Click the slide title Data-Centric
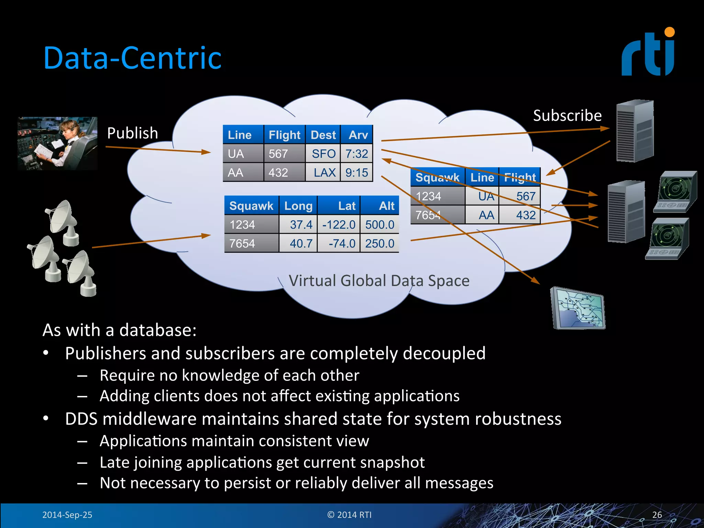tap(132, 58)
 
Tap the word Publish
tap(132, 133)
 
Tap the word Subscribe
tap(567, 115)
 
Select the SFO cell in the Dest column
tap(323, 154)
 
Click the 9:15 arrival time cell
tap(356, 173)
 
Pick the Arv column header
tap(358, 135)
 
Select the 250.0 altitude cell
tap(379, 243)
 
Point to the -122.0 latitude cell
tap(339, 225)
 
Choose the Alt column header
tap(386, 206)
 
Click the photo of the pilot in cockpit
tap(57, 143)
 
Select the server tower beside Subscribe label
tap(635, 131)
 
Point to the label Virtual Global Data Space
tap(379, 281)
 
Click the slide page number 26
tap(657, 515)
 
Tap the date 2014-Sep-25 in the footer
tap(67, 515)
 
